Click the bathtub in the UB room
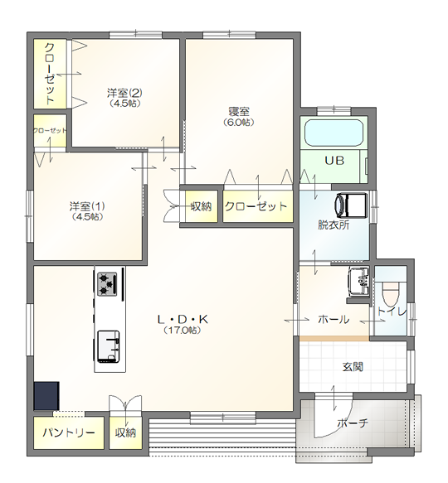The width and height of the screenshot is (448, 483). point(334,133)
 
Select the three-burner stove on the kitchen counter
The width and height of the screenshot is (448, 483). point(107,283)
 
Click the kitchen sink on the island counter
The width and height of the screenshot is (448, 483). point(109,346)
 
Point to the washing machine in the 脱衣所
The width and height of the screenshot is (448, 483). point(352,205)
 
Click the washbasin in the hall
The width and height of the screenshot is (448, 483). point(358,281)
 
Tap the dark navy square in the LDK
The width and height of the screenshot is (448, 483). point(46,396)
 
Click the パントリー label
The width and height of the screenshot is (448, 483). point(69,432)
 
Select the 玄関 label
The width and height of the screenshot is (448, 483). point(353,367)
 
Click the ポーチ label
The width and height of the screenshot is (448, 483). point(353,423)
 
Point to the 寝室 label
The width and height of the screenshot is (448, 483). point(239,111)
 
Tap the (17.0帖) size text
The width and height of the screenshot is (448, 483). point(183,331)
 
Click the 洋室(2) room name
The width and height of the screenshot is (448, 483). point(124,93)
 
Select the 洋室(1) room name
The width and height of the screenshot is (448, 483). point(87,205)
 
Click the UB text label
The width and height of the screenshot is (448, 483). point(334,161)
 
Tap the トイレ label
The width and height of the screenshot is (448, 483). point(392,312)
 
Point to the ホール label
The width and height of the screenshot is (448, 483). point(334,320)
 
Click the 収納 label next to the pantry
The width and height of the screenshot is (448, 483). point(125,432)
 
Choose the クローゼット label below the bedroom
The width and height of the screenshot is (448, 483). point(256,206)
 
